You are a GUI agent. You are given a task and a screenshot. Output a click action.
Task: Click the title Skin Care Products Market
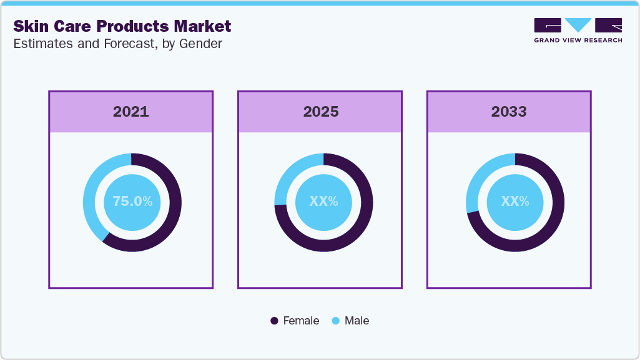122,26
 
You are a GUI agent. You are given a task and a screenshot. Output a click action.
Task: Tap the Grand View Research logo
578,30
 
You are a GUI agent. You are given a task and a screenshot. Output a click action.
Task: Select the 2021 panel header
131,112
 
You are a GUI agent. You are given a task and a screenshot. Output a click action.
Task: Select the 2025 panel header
321,112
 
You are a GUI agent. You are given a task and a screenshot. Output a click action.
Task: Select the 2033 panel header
509,112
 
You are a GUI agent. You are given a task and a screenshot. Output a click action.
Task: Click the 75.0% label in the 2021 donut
132,202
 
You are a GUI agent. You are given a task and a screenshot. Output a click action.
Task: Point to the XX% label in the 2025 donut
323,202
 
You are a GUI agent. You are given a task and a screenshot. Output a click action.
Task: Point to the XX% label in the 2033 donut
515,202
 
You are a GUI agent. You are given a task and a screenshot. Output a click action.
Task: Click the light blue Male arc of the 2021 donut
90,193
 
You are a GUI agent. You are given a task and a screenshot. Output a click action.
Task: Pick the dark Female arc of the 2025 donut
337,243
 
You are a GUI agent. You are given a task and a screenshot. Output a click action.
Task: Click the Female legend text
301,321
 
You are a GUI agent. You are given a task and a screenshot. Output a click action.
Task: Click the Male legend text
357,321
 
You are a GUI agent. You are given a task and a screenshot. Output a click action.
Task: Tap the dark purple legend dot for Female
274,321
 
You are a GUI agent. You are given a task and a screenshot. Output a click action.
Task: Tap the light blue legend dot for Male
335,321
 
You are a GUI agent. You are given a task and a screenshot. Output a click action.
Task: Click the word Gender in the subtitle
201,44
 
